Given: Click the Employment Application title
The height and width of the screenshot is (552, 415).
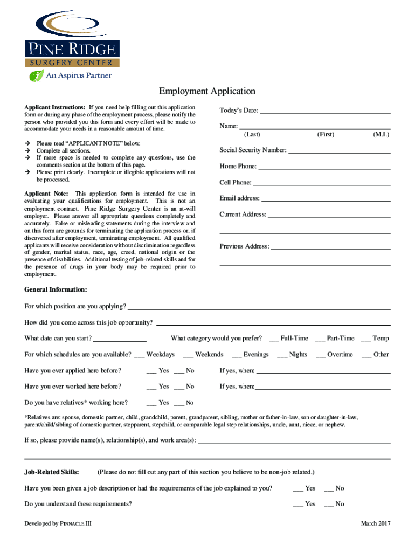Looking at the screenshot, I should pyautogui.click(x=207, y=92).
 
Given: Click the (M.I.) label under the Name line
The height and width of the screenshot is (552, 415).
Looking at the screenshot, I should pyautogui.click(x=381, y=134).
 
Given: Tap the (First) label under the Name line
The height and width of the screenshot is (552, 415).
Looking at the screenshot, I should pyautogui.click(x=326, y=134).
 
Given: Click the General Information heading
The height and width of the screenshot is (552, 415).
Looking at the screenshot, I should pyautogui.click(x=56, y=289).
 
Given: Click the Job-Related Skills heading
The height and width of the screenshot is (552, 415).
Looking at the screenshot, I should pyautogui.click(x=52, y=472).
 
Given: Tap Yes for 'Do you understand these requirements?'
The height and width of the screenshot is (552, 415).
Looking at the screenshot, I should pyautogui.click(x=298, y=505).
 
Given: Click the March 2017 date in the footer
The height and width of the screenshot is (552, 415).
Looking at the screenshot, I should pyautogui.click(x=376, y=523).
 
